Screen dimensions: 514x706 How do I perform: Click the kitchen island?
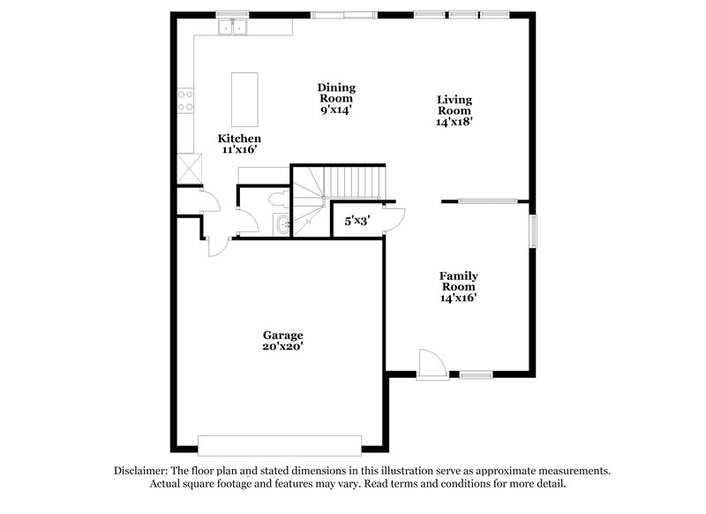pyautogui.click(x=242, y=100)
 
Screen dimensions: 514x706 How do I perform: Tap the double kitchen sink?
pyautogui.click(x=234, y=27)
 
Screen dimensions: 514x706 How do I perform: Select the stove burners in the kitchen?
pyautogui.click(x=185, y=98)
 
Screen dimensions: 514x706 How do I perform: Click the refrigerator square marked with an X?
pyautogui.click(x=188, y=168)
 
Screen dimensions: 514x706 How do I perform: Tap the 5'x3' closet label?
pyautogui.click(x=357, y=220)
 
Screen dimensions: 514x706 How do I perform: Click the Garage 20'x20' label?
pyautogui.click(x=282, y=341)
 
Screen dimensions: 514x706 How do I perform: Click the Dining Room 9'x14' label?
pyautogui.click(x=336, y=99)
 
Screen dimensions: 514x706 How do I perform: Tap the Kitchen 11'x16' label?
pyautogui.click(x=239, y=145)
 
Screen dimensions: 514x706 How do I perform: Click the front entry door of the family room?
pyautogui.click(x=429, y=365)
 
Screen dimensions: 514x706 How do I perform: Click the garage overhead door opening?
pyautogui.click(x=280, y=444)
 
